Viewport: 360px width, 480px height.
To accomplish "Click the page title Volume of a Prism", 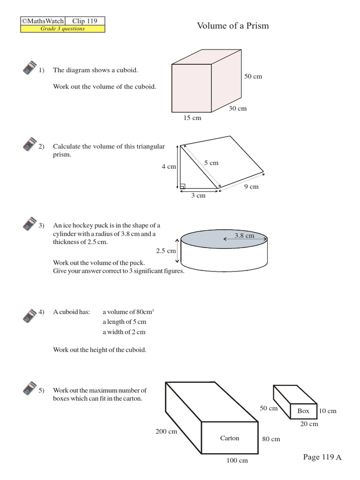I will tap(233, 26).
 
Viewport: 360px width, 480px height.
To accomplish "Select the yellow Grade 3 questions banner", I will tap(62, 29).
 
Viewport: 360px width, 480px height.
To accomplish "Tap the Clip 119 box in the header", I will tap(84, 21).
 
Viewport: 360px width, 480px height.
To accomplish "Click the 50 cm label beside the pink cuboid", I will tap(253, 76).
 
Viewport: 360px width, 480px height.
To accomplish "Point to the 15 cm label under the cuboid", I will tap(192, 118).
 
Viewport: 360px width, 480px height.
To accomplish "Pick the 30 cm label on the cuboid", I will tap(238, 108).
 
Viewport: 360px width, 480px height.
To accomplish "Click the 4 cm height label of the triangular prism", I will tap(168, 166).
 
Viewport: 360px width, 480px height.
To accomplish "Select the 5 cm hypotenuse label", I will tap(211, 163).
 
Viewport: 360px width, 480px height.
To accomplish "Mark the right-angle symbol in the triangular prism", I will tap(182, 186).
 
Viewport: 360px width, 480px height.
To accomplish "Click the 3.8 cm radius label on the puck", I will tap(244, 236).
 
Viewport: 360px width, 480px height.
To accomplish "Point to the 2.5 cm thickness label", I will tap(165, 251).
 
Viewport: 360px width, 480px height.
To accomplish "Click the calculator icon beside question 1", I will tap(30, 68).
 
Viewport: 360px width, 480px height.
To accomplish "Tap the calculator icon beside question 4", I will tap(30, 315).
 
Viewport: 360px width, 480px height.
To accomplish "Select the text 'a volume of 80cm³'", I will tap(128, 312).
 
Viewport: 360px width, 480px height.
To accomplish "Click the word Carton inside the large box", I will tap(230, 438).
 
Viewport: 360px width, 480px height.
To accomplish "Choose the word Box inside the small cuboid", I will tap(303, 411).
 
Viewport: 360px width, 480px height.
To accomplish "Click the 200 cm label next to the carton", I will tap(166, 431).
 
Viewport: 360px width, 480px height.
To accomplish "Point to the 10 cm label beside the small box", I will tap(328, 411).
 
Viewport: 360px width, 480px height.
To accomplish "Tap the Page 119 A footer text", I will tap(322, 457).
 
